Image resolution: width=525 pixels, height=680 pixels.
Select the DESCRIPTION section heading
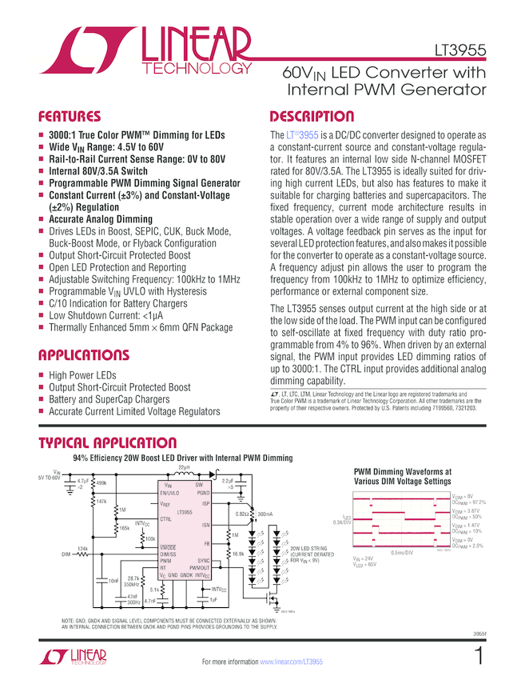(312, 116)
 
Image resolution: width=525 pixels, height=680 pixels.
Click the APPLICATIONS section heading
(83, 355)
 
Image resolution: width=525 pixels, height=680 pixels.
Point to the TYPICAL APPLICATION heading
(107, 443)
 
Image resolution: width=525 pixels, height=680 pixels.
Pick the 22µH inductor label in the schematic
(184, 466)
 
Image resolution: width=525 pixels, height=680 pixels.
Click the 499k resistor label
(101, 484)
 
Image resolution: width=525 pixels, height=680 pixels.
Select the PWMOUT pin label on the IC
(201, 567)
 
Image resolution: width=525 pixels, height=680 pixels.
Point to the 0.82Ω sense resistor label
(242, 514)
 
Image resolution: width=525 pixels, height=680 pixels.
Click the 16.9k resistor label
(238, 554)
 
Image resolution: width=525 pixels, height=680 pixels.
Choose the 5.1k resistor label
(154, 590)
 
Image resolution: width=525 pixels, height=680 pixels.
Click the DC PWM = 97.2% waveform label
(469, 502)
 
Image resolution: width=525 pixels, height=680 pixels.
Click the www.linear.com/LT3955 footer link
(291, 662)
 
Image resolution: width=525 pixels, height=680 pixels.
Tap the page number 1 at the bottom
(479, 658)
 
